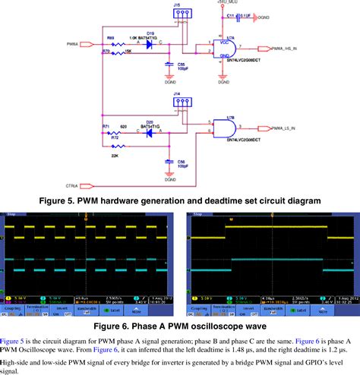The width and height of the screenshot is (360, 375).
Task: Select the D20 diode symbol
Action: tap(149, 131)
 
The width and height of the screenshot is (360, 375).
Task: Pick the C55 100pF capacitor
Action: tap(169, 66)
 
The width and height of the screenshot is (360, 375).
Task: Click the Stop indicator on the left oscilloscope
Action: tap(11, 215)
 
